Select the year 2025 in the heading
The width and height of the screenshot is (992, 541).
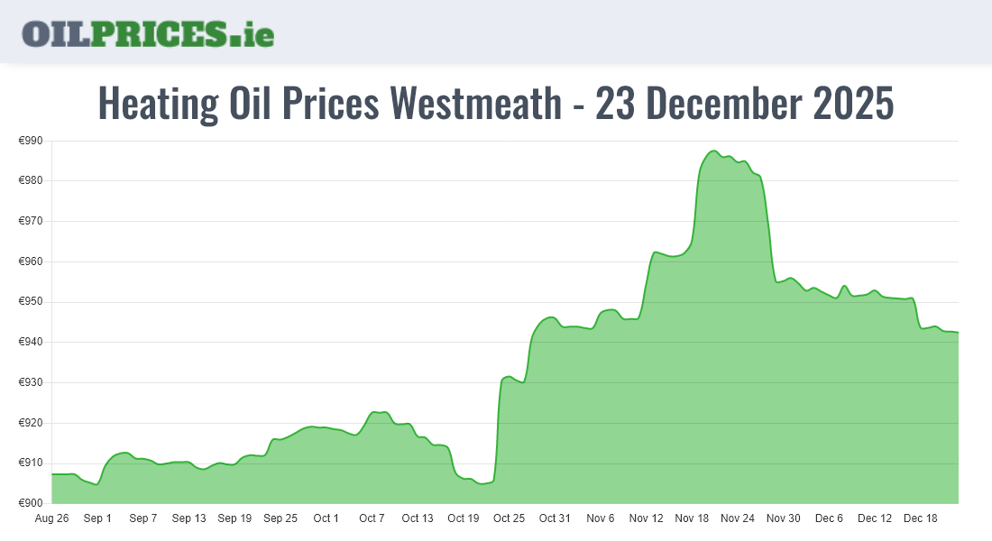click(853, 104)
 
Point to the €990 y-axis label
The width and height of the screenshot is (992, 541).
click(32, 141)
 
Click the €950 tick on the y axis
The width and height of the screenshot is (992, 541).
click(32, 302)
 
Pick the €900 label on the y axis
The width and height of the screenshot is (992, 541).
click(32, 503)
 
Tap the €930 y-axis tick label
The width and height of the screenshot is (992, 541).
click(32, 382)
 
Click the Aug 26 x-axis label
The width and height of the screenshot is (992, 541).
click(51, 518)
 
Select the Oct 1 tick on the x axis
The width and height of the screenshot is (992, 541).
click(326, 518)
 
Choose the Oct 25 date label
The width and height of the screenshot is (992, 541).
click(510, 518)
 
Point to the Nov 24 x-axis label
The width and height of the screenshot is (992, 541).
click(738, 518)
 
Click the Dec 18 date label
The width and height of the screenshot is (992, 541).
click(921, 518)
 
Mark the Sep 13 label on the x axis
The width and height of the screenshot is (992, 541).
click(188, 518)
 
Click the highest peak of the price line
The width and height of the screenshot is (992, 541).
click(712, 151)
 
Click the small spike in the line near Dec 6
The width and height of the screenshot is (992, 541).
click(844, 286)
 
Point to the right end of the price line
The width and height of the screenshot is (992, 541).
click(958, 333)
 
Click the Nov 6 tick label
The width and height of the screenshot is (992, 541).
click(601, 518)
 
